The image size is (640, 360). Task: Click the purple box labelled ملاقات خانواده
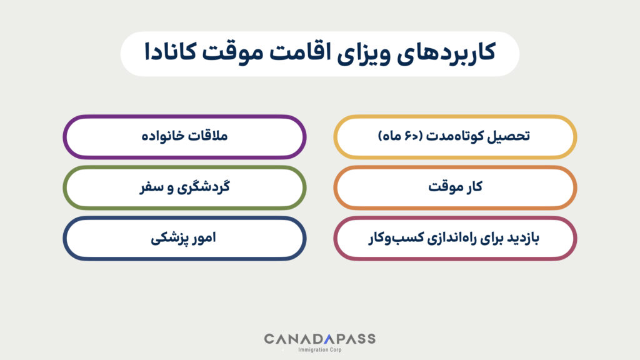[185, 137]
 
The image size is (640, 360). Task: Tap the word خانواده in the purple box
[164, 137]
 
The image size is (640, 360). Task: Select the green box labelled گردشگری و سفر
[185, 187]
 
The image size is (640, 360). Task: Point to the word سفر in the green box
[149, 187]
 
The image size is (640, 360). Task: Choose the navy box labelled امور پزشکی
[185, 238]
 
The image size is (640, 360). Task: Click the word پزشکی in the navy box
[169, 238]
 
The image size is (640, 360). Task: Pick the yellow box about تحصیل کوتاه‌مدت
[455, 137]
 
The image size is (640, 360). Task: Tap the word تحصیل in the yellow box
[511, 137]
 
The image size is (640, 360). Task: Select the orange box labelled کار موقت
[455, 187]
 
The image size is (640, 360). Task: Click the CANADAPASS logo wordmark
[319, 339]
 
